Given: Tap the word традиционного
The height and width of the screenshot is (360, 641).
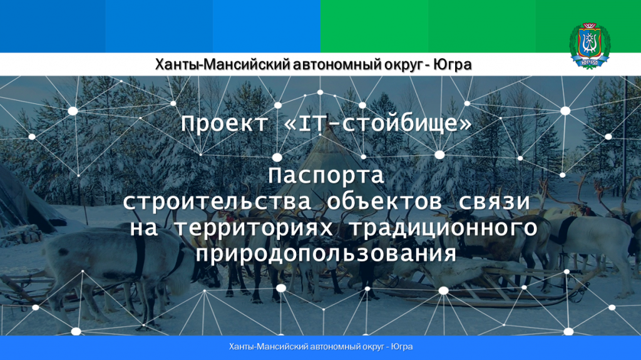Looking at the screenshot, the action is [x=444, y=229].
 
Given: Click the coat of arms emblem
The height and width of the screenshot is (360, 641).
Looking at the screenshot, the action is [x=590, y=45].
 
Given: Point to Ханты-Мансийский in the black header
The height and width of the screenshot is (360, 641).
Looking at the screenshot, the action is [x=222, y=64].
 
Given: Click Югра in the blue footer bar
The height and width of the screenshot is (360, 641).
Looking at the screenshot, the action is [x=402, y=347].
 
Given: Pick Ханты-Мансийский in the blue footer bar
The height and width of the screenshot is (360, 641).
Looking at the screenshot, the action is [x=269, y=347].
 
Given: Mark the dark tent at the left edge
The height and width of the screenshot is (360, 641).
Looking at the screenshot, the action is [x=24, y=200].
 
